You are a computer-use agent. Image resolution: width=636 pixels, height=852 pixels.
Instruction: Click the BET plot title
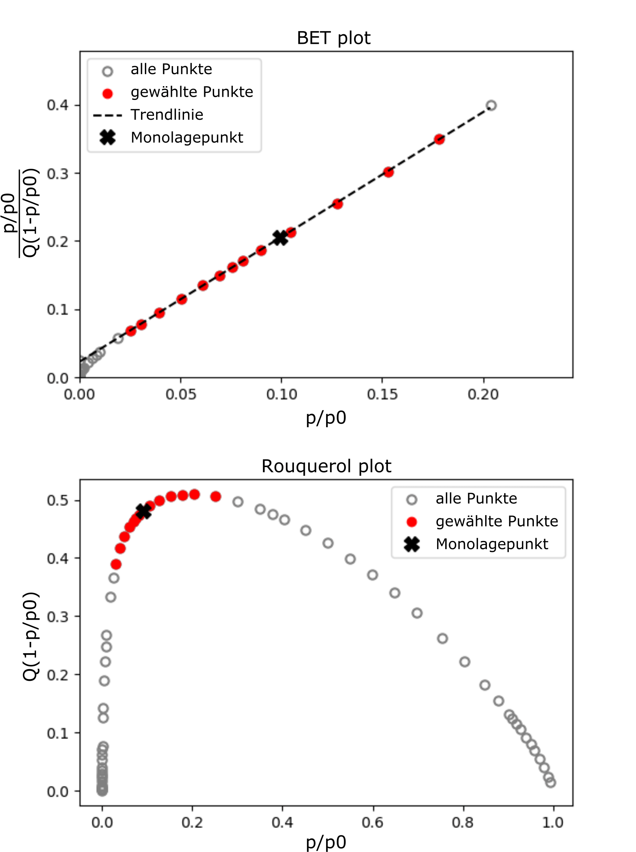(334, 38)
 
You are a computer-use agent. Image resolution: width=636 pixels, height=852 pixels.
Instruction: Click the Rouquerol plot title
(326, 466)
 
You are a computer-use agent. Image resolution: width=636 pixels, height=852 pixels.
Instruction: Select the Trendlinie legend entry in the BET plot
(167, 115)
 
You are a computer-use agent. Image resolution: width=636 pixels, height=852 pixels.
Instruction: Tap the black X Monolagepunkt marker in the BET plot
(280, 238)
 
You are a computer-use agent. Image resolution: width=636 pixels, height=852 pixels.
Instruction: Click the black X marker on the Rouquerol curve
(143, 511)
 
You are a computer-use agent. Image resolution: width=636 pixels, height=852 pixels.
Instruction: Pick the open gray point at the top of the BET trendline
(491, 105)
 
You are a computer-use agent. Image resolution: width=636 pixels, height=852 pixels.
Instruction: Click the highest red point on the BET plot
(439, 139)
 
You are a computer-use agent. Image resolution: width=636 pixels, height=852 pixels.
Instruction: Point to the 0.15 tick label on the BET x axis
(382, 394)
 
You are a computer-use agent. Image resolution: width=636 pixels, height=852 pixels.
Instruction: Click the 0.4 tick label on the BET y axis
(58, 105)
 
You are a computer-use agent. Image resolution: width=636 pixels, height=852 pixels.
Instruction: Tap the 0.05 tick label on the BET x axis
(181, 394)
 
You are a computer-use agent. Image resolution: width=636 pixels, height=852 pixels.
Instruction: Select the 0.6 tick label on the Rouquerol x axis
(373, 823)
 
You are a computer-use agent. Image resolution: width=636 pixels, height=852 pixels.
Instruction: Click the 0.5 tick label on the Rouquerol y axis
(58, 500)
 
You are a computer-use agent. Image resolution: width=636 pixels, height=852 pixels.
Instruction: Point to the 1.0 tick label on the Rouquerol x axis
(553, 823)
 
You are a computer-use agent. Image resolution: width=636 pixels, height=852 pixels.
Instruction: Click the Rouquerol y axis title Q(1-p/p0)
(31, 637)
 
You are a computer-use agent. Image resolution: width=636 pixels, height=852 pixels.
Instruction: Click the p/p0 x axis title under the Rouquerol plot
(326, 842)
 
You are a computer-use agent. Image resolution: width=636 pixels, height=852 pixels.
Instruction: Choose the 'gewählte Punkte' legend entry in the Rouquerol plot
(497, 521)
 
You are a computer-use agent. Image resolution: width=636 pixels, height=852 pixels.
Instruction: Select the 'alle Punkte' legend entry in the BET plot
(171, 69)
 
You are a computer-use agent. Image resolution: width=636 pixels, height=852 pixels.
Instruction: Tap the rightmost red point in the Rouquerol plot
(216, 496)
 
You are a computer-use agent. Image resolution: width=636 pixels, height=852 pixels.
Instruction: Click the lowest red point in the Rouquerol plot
(116, 564)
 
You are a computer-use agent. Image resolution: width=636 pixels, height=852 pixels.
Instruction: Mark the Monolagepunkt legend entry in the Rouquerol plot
(491, 544)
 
